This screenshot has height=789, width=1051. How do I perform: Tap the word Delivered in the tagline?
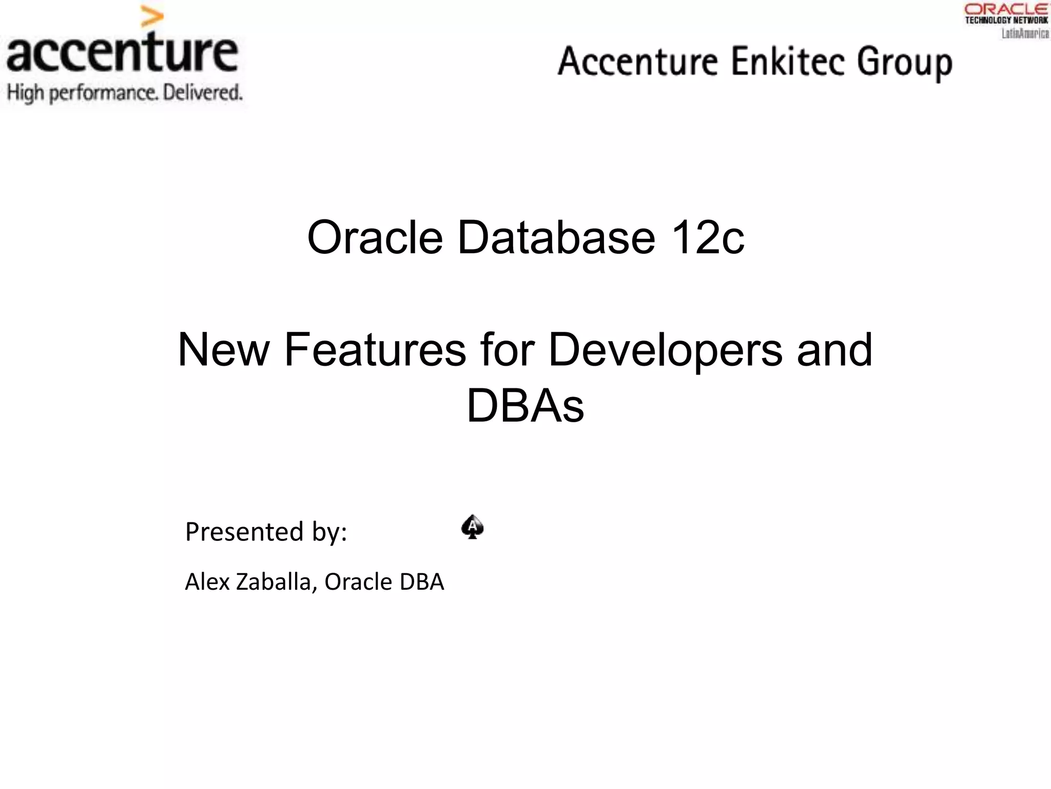(x=202, y=93)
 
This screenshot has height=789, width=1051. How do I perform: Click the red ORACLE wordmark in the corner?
(x=1005, y=9)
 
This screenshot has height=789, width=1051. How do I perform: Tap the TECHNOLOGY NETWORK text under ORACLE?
(x=1006, y=20)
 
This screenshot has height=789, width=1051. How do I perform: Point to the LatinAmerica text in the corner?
(x=1025, y=33)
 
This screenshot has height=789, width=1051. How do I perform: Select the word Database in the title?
(x=556, y=237)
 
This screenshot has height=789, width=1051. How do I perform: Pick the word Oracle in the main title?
(x=375, y=237)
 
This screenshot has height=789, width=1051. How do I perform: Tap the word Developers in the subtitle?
(x=665, y=351)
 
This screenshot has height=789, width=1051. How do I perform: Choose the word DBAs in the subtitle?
(x=525, y=406)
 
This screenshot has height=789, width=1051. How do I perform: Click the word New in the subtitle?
(x=223, y=350)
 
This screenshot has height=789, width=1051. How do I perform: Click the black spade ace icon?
(x=472, y=527)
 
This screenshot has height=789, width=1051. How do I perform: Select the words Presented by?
(x=266, y=532)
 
